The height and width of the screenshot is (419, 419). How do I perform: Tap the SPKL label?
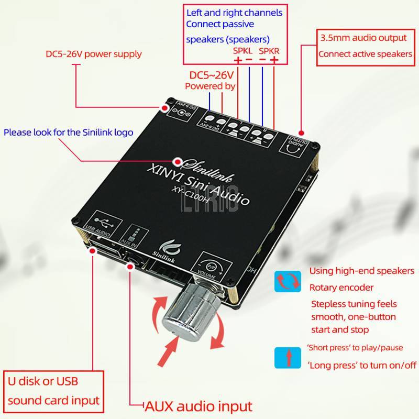coord(242,51)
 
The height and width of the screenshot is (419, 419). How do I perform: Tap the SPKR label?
coord(270,51)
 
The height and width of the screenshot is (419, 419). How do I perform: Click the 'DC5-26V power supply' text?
coord(93,54)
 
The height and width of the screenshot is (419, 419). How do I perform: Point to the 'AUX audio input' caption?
coord(199,405)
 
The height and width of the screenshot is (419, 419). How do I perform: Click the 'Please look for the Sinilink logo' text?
coord(68,132)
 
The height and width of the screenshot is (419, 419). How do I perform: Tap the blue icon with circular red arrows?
coord(288,281)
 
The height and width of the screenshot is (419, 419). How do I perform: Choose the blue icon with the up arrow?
coord(288,358)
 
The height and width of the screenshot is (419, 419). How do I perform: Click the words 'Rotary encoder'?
coord(341,287)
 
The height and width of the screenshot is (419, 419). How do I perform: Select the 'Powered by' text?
coord(210,86)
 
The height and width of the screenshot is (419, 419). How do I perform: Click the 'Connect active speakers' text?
coord(365,53)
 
